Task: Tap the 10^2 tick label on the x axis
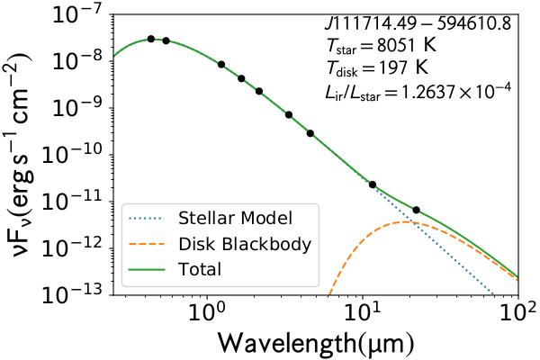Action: pos(517,316)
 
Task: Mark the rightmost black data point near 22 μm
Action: pos(416,210)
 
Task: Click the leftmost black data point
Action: pos(151,39)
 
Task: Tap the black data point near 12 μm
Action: pos(373,184)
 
